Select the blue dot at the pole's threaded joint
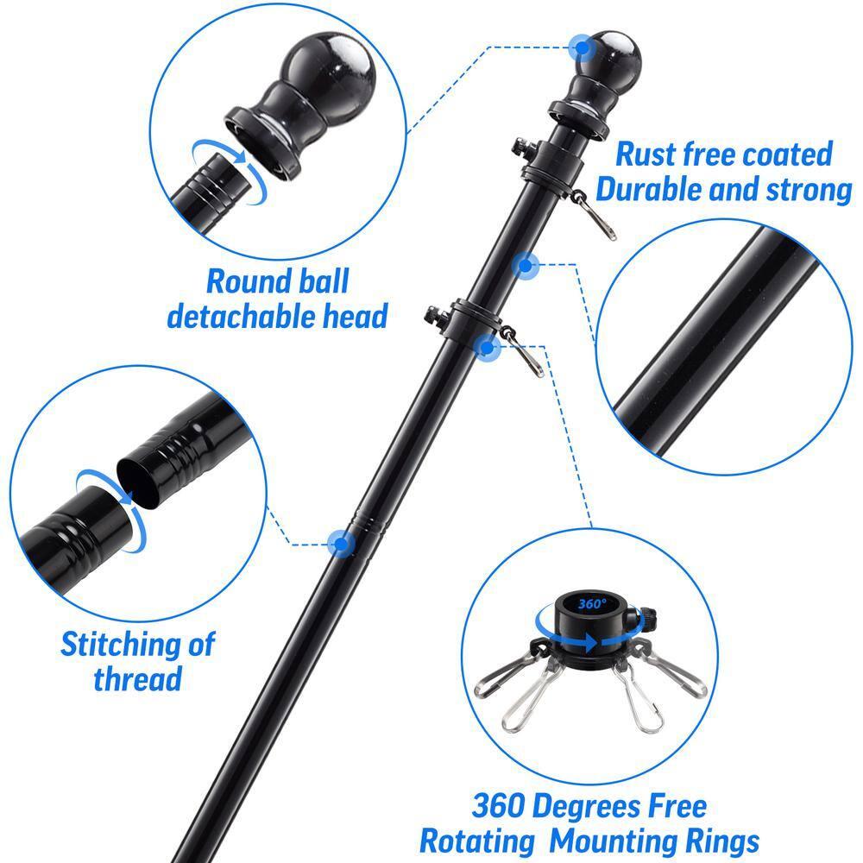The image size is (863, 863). click(x=342, y=544)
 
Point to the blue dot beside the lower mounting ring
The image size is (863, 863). click(x=488, y=347)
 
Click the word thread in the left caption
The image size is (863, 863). click(x=138, y=678)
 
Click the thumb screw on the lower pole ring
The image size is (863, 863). click(x=432, y=313)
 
